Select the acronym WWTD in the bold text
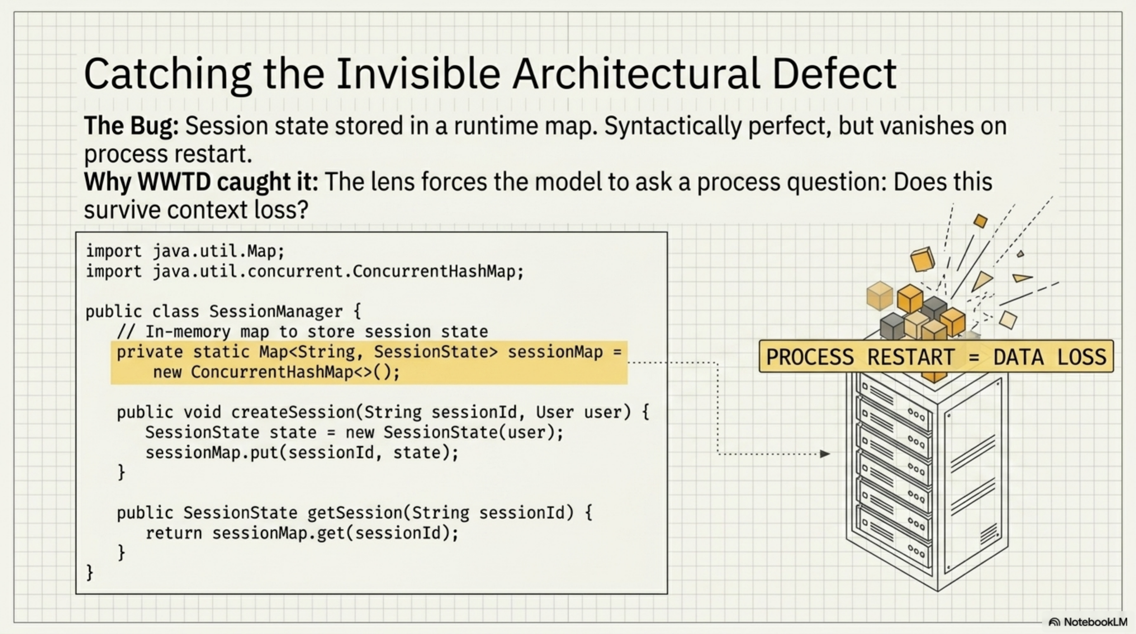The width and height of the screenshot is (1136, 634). pyautogui.click(x=174, y=182)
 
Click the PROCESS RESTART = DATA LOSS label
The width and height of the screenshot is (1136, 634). pyautogui.click(x=936, y=357)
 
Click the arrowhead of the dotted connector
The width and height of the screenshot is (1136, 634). pyautogui.click(x=825, y=454)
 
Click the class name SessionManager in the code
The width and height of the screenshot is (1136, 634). pyautogui.click(x=276, y=312)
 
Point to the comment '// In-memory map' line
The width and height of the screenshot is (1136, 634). pyautogui.click(x=302, y=331)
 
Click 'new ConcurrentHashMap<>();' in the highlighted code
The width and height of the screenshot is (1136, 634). pyautogui.click(x=276, y=372)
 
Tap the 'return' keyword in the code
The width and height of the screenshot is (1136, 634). pyautogui.click(x=174, y=533)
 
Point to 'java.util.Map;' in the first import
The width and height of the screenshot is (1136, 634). pyautogui.click(x=219, y=251)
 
